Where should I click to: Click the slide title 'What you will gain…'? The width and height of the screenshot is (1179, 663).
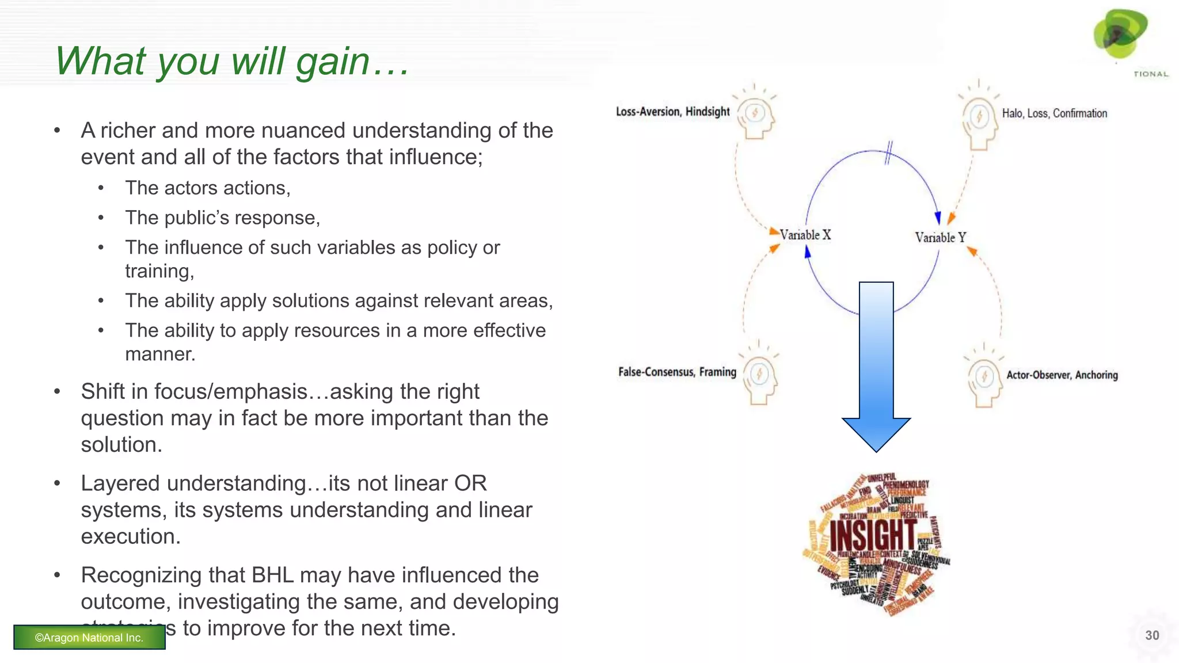point(232,61)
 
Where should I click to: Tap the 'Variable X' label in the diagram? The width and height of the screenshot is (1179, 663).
point(805,235)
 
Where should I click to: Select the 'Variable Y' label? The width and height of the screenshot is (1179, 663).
point(941,237)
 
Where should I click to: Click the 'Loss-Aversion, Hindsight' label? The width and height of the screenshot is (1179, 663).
point(672,112)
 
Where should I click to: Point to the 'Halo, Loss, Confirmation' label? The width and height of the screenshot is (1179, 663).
point(1054,113)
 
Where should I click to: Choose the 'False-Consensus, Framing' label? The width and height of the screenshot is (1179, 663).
point(677,372)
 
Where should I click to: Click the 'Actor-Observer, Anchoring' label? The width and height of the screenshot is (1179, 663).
point(1062,375)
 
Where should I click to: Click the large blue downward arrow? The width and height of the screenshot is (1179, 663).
point(876,368)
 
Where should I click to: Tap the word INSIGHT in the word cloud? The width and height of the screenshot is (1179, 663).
point(872,535)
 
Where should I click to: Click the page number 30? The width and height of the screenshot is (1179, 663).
point(1152,635)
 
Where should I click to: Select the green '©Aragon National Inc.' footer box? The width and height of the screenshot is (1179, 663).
point(89,637)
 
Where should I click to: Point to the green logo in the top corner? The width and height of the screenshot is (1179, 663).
point(1120,35)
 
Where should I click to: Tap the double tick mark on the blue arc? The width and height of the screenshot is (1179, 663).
point(888,153)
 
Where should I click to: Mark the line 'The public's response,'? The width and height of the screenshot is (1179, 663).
point(222,218)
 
